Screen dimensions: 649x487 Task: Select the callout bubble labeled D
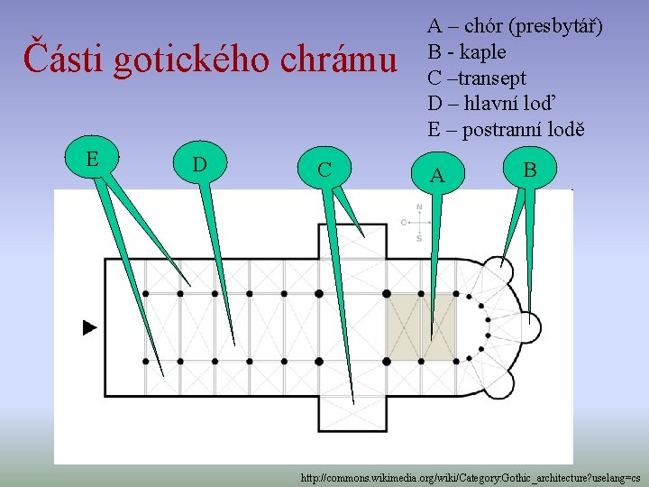point(200,165)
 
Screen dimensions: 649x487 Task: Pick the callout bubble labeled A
point(437,174)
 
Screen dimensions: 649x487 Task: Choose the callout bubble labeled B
point(530,170)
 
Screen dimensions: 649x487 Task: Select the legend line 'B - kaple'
point(466,51)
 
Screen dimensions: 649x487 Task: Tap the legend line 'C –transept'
point(477,78)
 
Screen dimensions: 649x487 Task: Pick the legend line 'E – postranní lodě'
point(506,130)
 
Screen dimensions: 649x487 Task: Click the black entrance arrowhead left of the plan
point(89,327)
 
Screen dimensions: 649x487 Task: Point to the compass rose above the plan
point(418,223)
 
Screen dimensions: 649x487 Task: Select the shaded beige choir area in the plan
point(421,326)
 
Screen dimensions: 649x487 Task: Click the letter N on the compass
point(419,207)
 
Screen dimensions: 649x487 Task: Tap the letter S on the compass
point(419,239)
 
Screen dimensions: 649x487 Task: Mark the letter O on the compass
point(404,222)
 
